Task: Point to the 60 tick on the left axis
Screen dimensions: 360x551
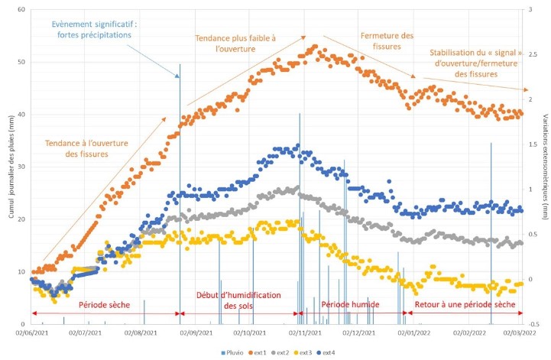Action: tap(21, 10)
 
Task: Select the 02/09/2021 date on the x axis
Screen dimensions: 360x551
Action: tap(196, 333)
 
